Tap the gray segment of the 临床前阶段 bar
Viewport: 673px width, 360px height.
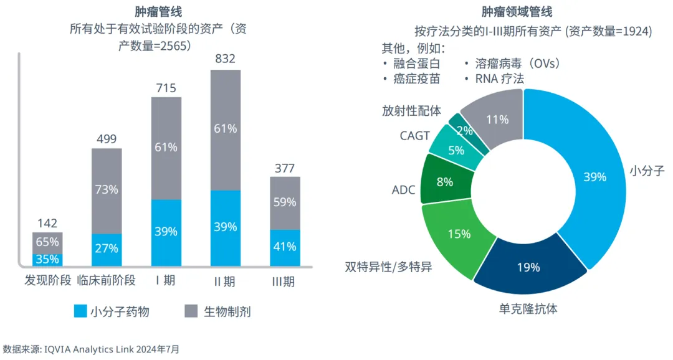pyautogui.click(x=107, y=191)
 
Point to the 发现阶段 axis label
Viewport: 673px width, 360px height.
pyautogui.click(x=48, y=280)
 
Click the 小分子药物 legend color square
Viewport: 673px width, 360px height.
pyautogui.click(x=80, y=311)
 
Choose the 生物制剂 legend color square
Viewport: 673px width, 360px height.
pyautogui.click(x=193, y=311)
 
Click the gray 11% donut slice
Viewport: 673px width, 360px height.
pyautogui.click(x=497, y=118)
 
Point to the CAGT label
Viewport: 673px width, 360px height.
pyautogui.click(x=414, y=135)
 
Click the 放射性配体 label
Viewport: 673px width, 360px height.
pyautogui.click(x=411, y=111)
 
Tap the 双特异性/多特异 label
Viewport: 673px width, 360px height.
pyautogui.click(x=388, y=267)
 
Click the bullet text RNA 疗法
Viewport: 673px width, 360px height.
pyautogui.click(x=499, y=78)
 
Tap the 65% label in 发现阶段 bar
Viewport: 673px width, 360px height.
pyautogui.click(x=47, y=242)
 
